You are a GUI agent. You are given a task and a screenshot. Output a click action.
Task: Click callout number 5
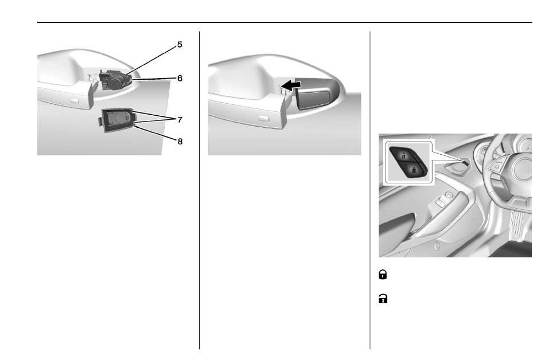click(x=180, y=45)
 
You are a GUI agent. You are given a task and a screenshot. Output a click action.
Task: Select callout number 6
click(x=180, y=79)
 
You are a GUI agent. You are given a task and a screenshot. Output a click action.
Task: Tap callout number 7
click(x=180, y=120)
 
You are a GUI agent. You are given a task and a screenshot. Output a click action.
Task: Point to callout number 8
click(x=180, y=142)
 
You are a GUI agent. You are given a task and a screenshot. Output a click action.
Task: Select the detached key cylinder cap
click(x=116, y=120)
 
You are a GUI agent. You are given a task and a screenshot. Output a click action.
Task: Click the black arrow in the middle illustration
click(x=291, y=85)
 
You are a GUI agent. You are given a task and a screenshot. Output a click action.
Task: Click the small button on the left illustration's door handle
click(x=74, y=101)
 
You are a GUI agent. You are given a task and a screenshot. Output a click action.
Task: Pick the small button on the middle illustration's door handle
click(x=263, y=119)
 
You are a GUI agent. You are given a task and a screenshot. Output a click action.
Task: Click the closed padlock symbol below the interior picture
click(x=383, y=275)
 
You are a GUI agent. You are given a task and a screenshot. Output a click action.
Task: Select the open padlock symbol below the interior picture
click(x=383, y=299)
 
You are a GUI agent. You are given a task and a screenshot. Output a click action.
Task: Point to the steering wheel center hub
click(x=522, y=169)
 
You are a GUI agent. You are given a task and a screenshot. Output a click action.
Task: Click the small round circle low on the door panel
click(x=438, y=247)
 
